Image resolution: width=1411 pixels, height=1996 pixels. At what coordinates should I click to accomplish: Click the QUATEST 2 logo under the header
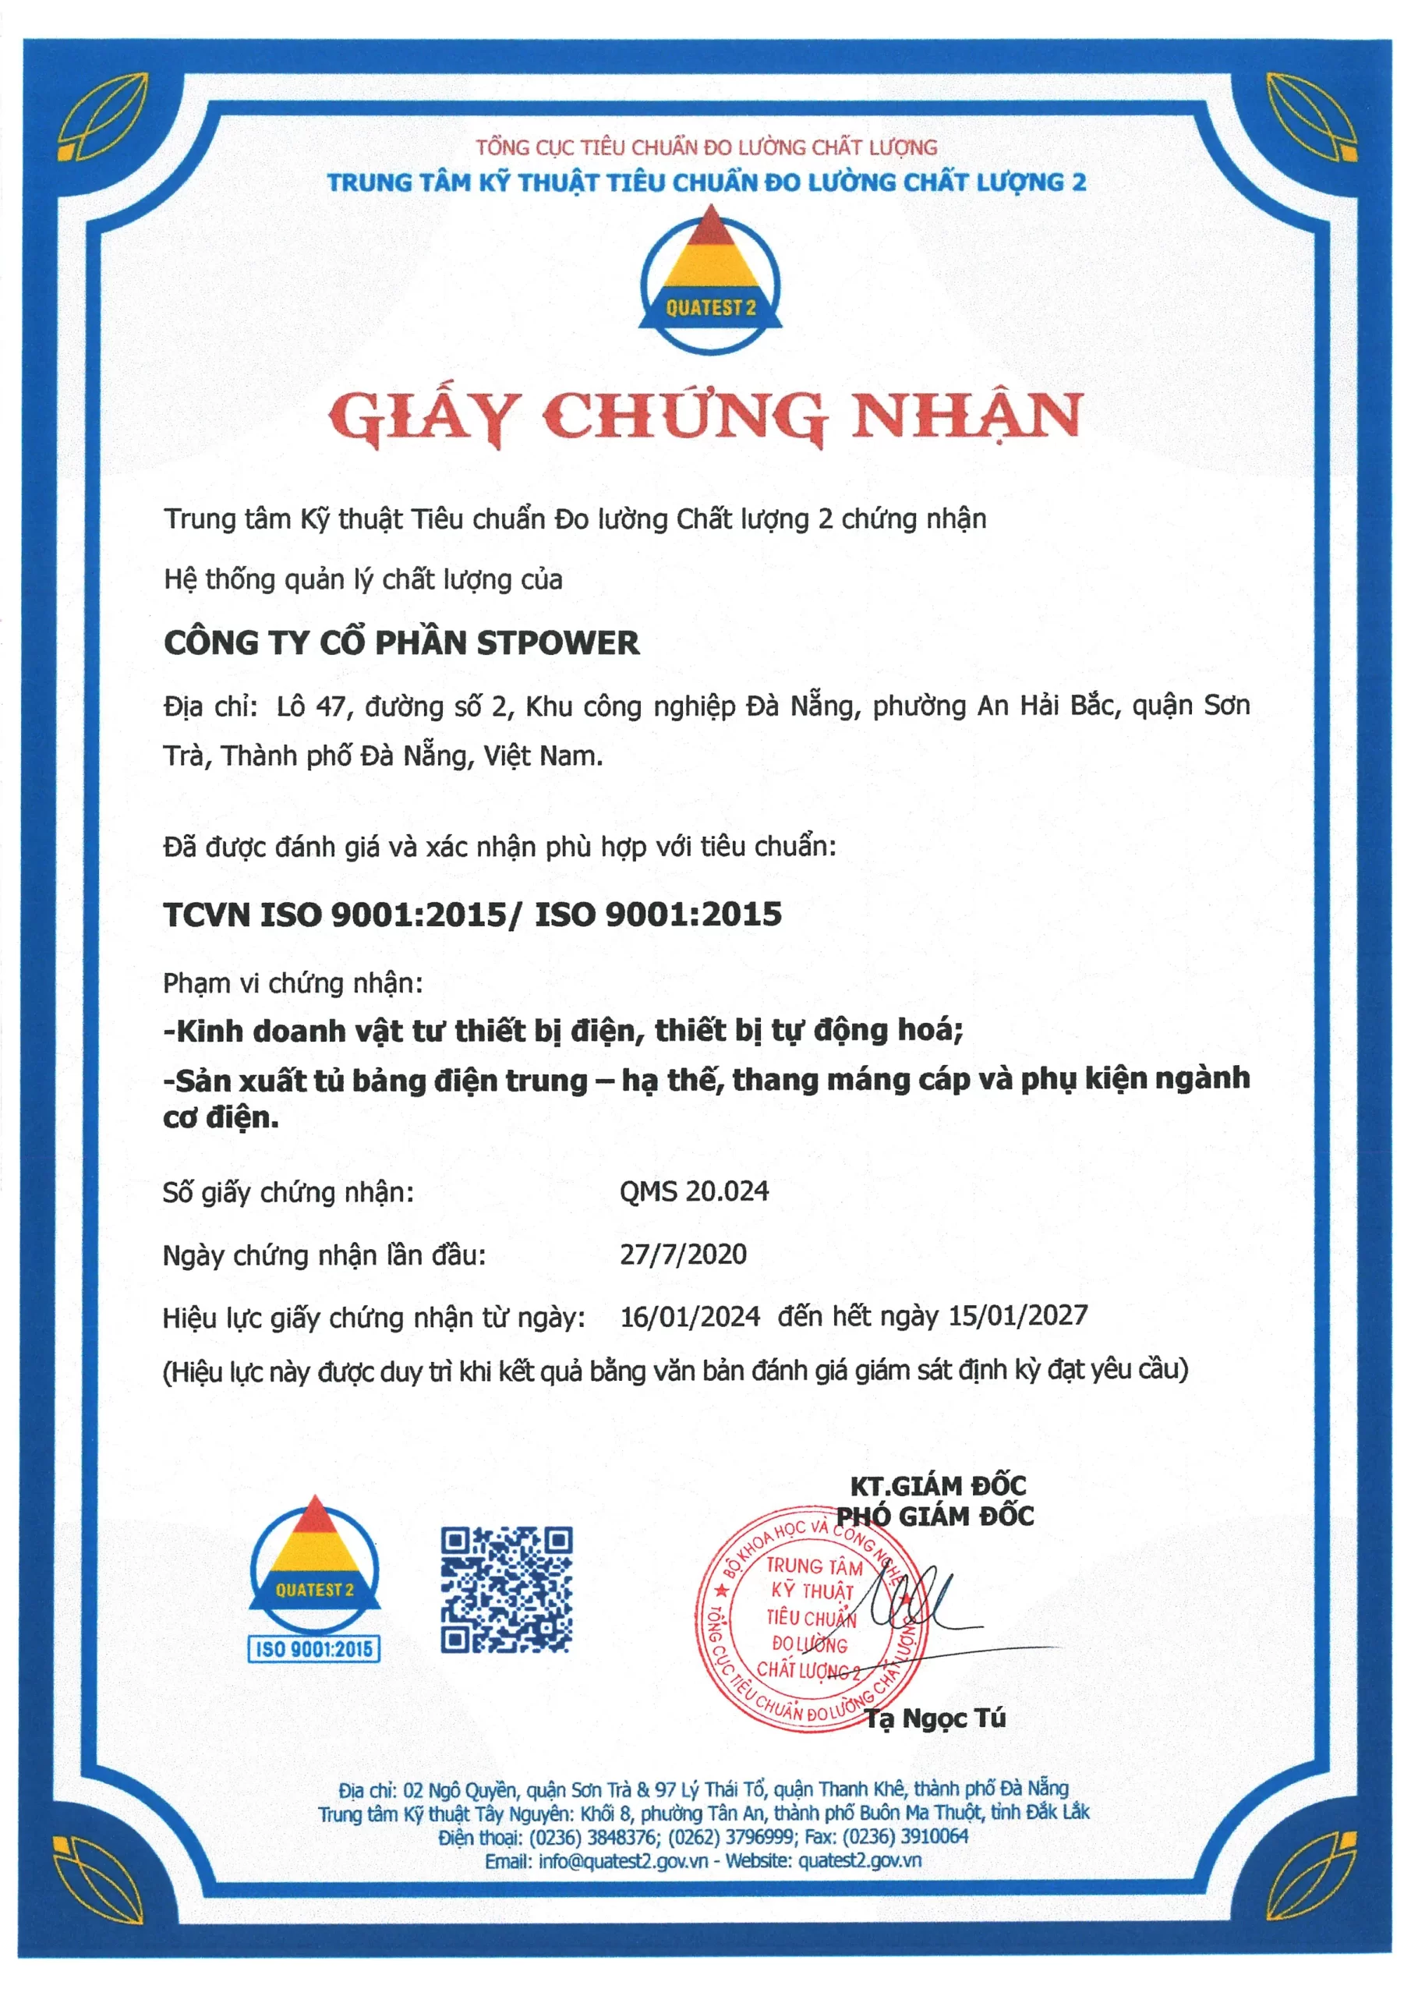click(x=710, y=280)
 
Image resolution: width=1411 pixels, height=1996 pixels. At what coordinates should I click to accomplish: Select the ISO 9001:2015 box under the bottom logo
click(x=314, y=1648)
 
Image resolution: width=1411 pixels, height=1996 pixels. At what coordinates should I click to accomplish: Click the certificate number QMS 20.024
click(x=694, y=1191)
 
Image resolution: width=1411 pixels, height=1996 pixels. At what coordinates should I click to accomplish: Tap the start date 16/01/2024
click(x=689, y=1316)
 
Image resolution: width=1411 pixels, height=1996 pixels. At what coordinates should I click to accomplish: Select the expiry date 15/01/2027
click(x=1017, y=1315)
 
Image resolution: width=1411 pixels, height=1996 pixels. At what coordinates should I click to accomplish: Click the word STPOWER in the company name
click(x=557, y=643)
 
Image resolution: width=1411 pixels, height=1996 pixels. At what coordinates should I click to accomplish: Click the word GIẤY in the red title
click(x=424, y=417)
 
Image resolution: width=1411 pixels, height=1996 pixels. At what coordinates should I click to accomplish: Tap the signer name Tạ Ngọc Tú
click(x=935, y=1718)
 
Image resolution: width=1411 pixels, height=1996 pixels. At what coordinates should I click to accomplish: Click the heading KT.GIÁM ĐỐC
click(x=937, y=1485)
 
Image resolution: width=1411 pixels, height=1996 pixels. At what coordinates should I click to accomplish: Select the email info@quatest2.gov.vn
click(x=622, y=1861)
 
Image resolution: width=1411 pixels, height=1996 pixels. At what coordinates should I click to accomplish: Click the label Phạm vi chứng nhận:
click(x=293, y=983)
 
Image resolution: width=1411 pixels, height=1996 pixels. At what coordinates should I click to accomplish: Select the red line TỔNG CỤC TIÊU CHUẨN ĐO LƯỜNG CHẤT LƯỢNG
click(x=706, y=147)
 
